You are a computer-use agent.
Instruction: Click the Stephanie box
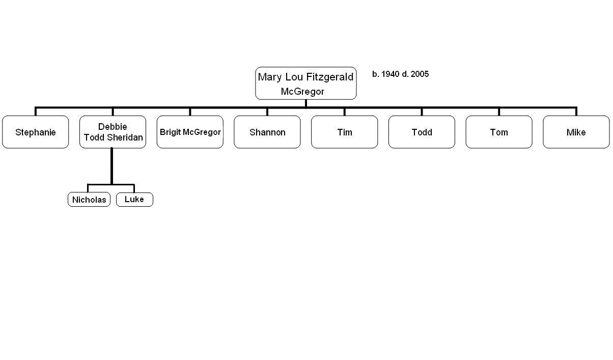[x=36, y=132]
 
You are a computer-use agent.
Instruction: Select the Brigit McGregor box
[x=190, y=132]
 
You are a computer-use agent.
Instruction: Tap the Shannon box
[x=267, y=132]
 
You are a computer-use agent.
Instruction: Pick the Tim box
[x=345, y=132]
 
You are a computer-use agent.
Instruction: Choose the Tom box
[x=499, y=132]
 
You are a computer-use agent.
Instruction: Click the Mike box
[x=576, y=132]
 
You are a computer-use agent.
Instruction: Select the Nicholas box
[x=89, y=199]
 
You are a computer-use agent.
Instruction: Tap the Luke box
[x=134, y=199]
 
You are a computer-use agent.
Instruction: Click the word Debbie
[x=113, y=127]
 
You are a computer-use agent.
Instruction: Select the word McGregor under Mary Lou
[x=302, y=92]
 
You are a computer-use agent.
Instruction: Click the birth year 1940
[x=390, y=74]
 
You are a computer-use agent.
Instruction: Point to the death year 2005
[x=420, y=74]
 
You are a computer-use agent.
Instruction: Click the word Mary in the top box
[x=270, y=77]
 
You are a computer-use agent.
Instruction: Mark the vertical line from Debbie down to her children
[x=112, y=166]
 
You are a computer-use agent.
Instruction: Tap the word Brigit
[x=170, y=132]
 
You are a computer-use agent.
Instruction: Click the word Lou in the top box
[x=294, y=77]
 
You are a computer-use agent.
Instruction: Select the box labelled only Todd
[x=422, y=132]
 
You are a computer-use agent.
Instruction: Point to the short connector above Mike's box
[x=576, y=112]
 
